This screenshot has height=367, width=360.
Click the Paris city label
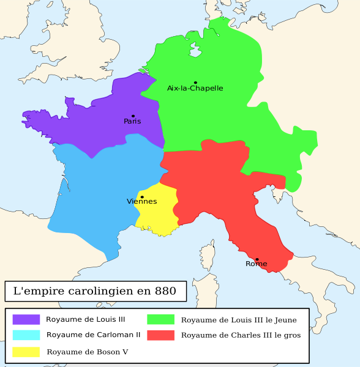click(132, 121)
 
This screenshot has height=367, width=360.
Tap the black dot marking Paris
click(133, 116)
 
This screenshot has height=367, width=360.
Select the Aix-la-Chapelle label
click(195, 88)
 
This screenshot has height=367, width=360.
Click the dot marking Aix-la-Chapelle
click(195, 83)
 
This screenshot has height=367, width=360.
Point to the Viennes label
click(141, 201)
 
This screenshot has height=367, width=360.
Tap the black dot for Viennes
click(142, 197)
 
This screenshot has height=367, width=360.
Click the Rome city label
click(256, 264)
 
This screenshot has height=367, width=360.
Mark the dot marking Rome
click(257, 259)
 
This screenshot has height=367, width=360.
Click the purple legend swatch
click(26, 319)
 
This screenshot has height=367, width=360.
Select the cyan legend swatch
click(26, 335)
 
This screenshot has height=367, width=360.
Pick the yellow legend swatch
click(26, 352)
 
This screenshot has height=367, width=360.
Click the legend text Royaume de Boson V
click(87, 352)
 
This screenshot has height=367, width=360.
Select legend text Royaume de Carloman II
click(93, 335)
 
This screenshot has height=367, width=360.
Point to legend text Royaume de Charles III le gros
click(241, 335)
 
